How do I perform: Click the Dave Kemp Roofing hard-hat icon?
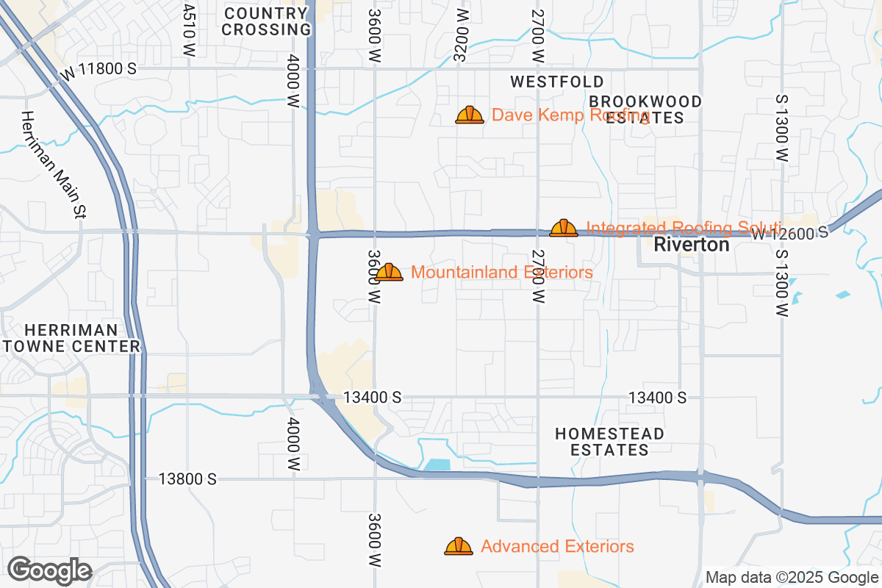pos(470,115)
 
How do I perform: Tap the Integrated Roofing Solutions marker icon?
pos(564,228)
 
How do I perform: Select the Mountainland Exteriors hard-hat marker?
pos(389,273)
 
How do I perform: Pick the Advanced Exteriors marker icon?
pos(459,546)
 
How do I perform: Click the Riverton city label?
pos(692,245)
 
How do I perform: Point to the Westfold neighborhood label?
pos(557,82)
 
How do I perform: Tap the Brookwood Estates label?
pos(646,109)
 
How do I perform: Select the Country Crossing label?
pos(266,21)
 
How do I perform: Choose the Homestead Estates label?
pos(610,442)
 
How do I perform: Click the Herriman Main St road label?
pos(54,164)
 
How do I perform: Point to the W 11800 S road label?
pos(98,69)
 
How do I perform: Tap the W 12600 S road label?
pos(789,232)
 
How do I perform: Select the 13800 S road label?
pos(187,479)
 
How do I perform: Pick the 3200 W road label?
pos(461,35)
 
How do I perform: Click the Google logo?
pos(49,570)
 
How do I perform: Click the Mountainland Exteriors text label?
pos(502,273)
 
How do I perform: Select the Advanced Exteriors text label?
pos(557,547)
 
